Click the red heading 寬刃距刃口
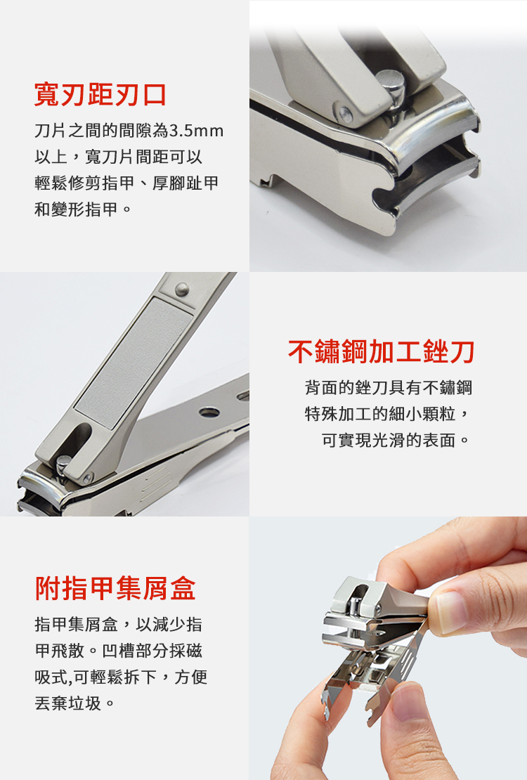(100, 95)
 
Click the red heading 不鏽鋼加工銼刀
(381, 351)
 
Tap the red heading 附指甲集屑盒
(115, 588)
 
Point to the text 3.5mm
(197, 131)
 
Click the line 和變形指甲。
(83, 209)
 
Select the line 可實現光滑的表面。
(396, 440)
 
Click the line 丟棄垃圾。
(75, 703)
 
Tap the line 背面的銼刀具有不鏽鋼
(389, 387)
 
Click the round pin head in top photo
(391, 79)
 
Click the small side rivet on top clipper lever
(345, 114)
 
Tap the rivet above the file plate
(182, 289)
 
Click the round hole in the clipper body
(209, 412)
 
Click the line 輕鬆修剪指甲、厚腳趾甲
(126, 183)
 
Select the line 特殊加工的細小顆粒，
(387, 413)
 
